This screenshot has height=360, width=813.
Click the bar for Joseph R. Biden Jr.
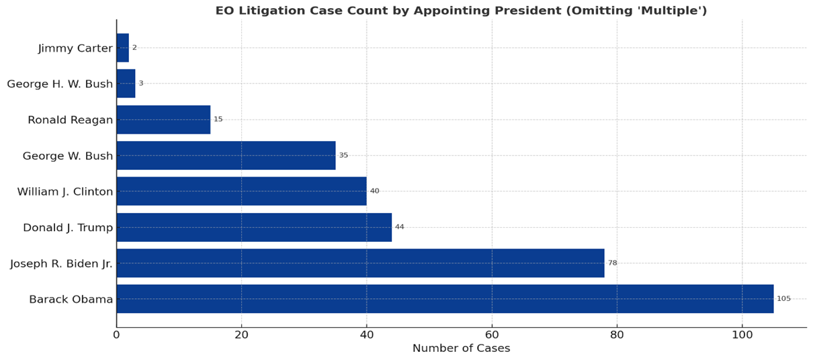click(x=360, y=263)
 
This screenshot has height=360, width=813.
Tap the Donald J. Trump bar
click(x=254, y=227)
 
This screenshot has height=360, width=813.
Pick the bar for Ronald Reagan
click(x=163, y=120)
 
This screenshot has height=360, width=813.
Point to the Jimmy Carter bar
click(x=122, y=48)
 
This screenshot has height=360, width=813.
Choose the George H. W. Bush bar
click(x=126, y=83)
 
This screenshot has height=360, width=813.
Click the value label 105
click(x=783, y=299)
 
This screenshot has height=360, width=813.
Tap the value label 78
click(x=612, y=263)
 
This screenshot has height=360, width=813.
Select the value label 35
click(x=343, y=155)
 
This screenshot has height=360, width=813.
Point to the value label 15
click(x=218, y=120)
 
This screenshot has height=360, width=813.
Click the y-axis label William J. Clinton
click(x=65, y=192)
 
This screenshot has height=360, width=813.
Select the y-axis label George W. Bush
click(x=68, y=156)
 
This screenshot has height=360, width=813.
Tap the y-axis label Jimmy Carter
click(x=75, y=48)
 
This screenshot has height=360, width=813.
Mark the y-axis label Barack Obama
click(x=71, y=300)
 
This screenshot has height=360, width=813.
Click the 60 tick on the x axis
click(x=492, y=334)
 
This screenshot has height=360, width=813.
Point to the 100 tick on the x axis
click(x=742, y=334)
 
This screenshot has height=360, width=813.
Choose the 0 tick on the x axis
click(x=116, y=334)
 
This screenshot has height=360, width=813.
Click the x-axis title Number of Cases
click(x=461, y=349)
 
